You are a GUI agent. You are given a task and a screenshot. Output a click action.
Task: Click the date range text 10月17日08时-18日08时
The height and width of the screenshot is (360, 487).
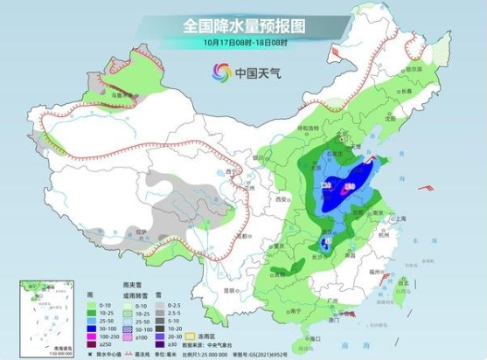[x=244, y=42]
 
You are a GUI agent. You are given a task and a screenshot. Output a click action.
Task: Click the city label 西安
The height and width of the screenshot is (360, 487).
[x=282, y=200]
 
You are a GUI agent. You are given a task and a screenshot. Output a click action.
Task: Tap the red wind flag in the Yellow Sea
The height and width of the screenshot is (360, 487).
[x=424, y=188]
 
